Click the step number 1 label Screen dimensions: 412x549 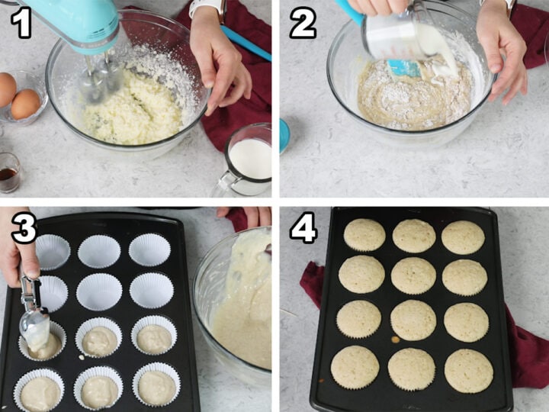[20, 23]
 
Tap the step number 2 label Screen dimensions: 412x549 [302, 23]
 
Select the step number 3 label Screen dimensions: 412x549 [23, 227]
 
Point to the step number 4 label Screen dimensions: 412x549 [303, 227]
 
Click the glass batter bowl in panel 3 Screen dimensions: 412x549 [233, 305]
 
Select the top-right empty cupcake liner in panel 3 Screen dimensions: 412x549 [149, 249]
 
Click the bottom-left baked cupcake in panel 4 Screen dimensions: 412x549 [355, 367]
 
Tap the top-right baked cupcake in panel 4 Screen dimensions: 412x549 [463, 237]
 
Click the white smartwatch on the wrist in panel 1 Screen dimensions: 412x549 [206, 8]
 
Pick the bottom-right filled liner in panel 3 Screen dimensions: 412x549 [156, 386]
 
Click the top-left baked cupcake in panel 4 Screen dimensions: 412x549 [364, 235]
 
